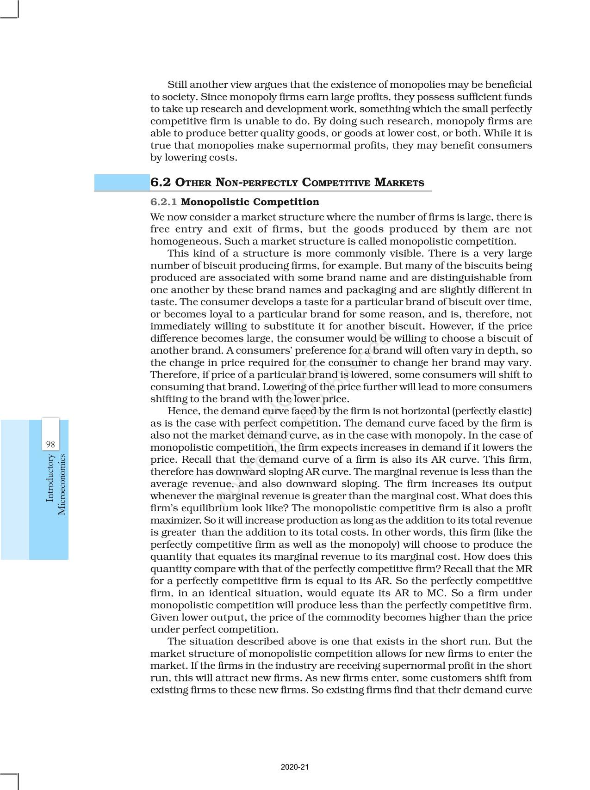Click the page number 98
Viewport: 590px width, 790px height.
(x=50, y=444)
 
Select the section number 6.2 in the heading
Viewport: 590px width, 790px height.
(x=161, y=182)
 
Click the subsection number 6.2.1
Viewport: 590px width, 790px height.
(x=164, y=202)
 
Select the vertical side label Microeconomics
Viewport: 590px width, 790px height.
(x=62, y=484)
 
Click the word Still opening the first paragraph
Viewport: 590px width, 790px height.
(x=179, y=85)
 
